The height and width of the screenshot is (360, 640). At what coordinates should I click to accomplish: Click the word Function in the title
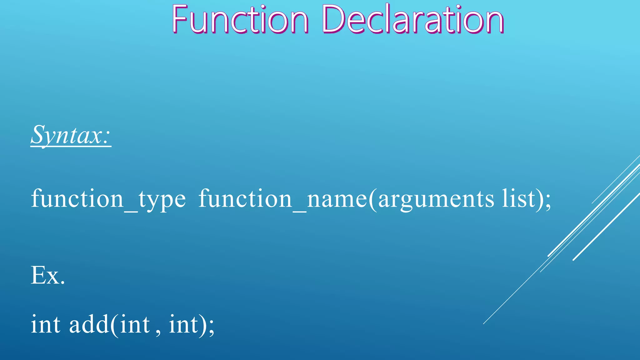click(240, 19)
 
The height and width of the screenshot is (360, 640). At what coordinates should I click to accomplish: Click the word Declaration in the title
click(412, 19)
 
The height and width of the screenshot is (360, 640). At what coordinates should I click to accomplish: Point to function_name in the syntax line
click(283, 199)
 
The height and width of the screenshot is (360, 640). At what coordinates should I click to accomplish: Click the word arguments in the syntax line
click(436, 199)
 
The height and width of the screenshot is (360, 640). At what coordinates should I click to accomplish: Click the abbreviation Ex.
click(48, 275)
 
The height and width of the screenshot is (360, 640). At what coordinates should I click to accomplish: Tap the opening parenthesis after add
click(114, 325)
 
